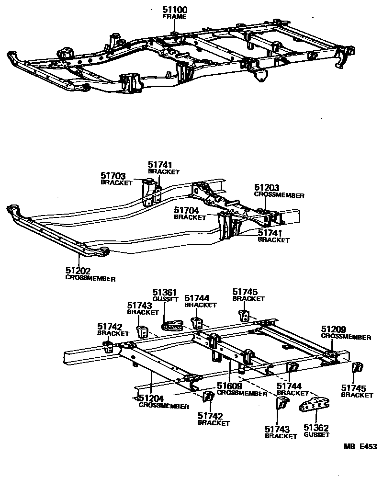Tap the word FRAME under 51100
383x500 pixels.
click(174, 16)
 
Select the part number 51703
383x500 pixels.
click(113, 176)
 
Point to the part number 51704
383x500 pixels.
click(186, 210)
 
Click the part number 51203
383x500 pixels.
click(267, 189)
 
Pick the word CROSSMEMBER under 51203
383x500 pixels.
click(279, 195)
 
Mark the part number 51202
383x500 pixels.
click(78, 271)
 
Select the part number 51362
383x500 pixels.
click(316, 428)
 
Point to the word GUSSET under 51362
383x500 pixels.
click(316, 435)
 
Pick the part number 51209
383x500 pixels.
click(333, 330)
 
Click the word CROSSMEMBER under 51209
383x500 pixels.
click(346, 337)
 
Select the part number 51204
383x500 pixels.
click(151, 398)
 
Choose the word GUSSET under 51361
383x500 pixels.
click(165, 298)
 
